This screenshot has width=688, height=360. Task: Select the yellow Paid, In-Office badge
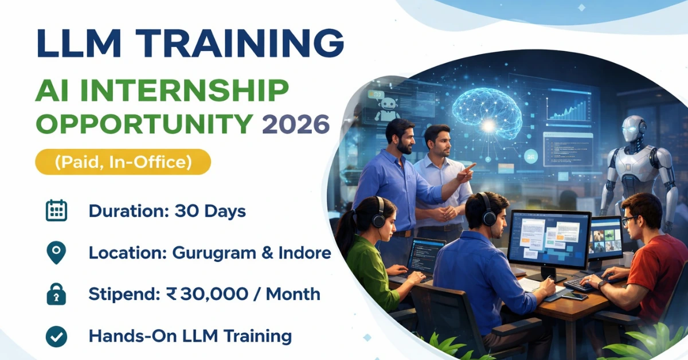pyautogui.click(x=123, y=162)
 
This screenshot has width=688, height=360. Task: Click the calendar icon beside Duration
pyautogui.click(x=56, y=211)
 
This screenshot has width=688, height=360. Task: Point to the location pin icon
pyautogui.click(x=56, y=253)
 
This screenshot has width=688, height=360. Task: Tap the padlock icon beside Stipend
pyautogui.click(x=56, y=295)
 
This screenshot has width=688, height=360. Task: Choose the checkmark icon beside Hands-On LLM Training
pyautogui.click(x=56, y=336)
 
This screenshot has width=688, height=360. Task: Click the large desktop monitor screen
pyautogui.click(x=549, y=237)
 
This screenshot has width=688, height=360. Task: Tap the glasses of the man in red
pyautogui.click(x=630, y=220)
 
